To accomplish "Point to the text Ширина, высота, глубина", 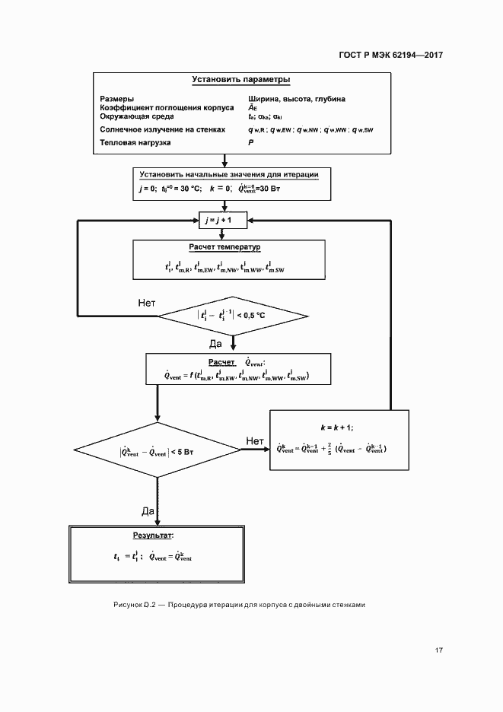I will [x=296, y=99].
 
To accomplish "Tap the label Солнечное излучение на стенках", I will [x=163, y=129].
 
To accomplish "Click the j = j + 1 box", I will [x=224, y=219].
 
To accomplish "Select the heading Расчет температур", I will [x=224, y=247].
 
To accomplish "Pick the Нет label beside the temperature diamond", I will [x=147, y=303].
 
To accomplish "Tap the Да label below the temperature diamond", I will [x=215, y=344].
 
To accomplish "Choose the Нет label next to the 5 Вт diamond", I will [x=255, y=441].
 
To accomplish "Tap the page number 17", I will [x=439, y=650].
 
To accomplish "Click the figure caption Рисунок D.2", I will [x=134, y=605].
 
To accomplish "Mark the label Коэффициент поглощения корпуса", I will [x=161, y=108].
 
